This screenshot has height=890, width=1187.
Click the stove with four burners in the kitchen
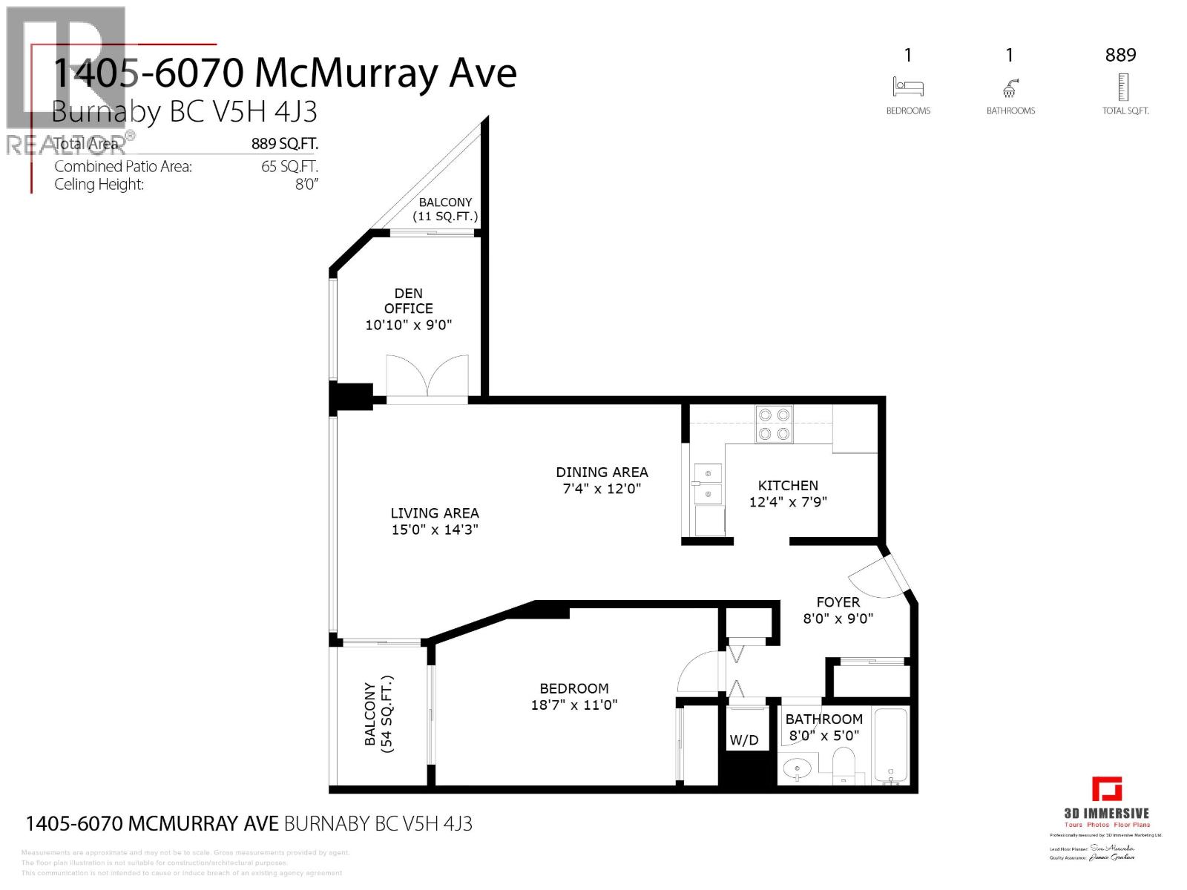[774, 424]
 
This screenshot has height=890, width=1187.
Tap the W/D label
[744, 740]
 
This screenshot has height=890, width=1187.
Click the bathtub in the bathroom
[891, 747]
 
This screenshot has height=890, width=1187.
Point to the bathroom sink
[798, 768]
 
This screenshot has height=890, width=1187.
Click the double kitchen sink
[707, 484]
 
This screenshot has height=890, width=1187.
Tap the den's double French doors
[427, 379]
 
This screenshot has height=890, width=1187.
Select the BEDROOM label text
[574, 688]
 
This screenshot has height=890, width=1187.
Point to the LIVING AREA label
[435, 512]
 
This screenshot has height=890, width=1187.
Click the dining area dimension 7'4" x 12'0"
[602, 489]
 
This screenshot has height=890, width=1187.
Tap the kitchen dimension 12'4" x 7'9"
[788, 502]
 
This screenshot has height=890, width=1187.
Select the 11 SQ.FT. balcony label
[445, 217]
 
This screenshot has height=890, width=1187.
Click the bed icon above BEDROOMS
[908, 87]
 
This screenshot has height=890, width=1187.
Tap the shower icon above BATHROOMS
[1010, 88]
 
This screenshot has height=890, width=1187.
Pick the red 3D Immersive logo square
[1107, 789]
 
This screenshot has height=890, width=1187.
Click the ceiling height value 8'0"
[306, 185]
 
